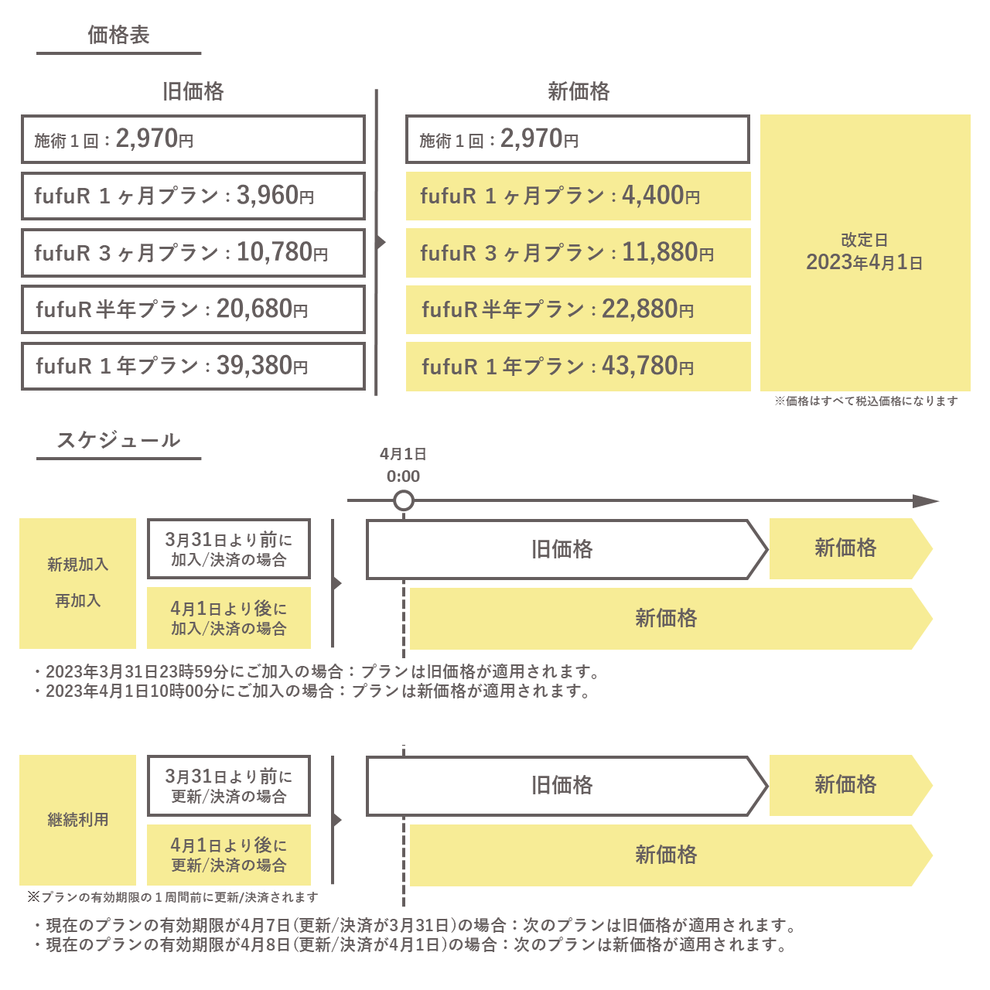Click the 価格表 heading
pyautogui.click(x=118, y=35)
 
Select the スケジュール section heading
pyautogui.click(x=118, y=440)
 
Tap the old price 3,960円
pyautogui.click(x=275, y=195)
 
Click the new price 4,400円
pyautogui.click(x=661, y=195)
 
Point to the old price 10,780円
pyautogui.click(x=282, y=252)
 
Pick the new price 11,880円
pyautogui.click(x=668, y=252)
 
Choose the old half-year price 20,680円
pyautogui.click(x=262, y=309)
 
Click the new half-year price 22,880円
pyautogui.click(x=648, y=309)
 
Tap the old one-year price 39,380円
pyautogui.click(x=262, y=366)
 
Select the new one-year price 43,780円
pyautogui.click(x=648, y=366)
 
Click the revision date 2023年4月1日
pyautogui.click(x=864, y=262)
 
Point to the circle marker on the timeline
pyautogui.click(x=404, y=500)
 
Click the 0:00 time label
pyautogui.click(x=403, y=476)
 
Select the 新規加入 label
pyautogui.click(x=77, y=564)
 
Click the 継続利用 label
pyautogui.click(x=77, y=819)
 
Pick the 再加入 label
pyautogui.click(x=77, y=600)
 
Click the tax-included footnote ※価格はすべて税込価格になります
pyautogui.click(x=866, y=401)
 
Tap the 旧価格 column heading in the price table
pyautogui.click(x=193, y=91)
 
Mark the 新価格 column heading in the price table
pyautogui.click(x=579, y=91)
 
